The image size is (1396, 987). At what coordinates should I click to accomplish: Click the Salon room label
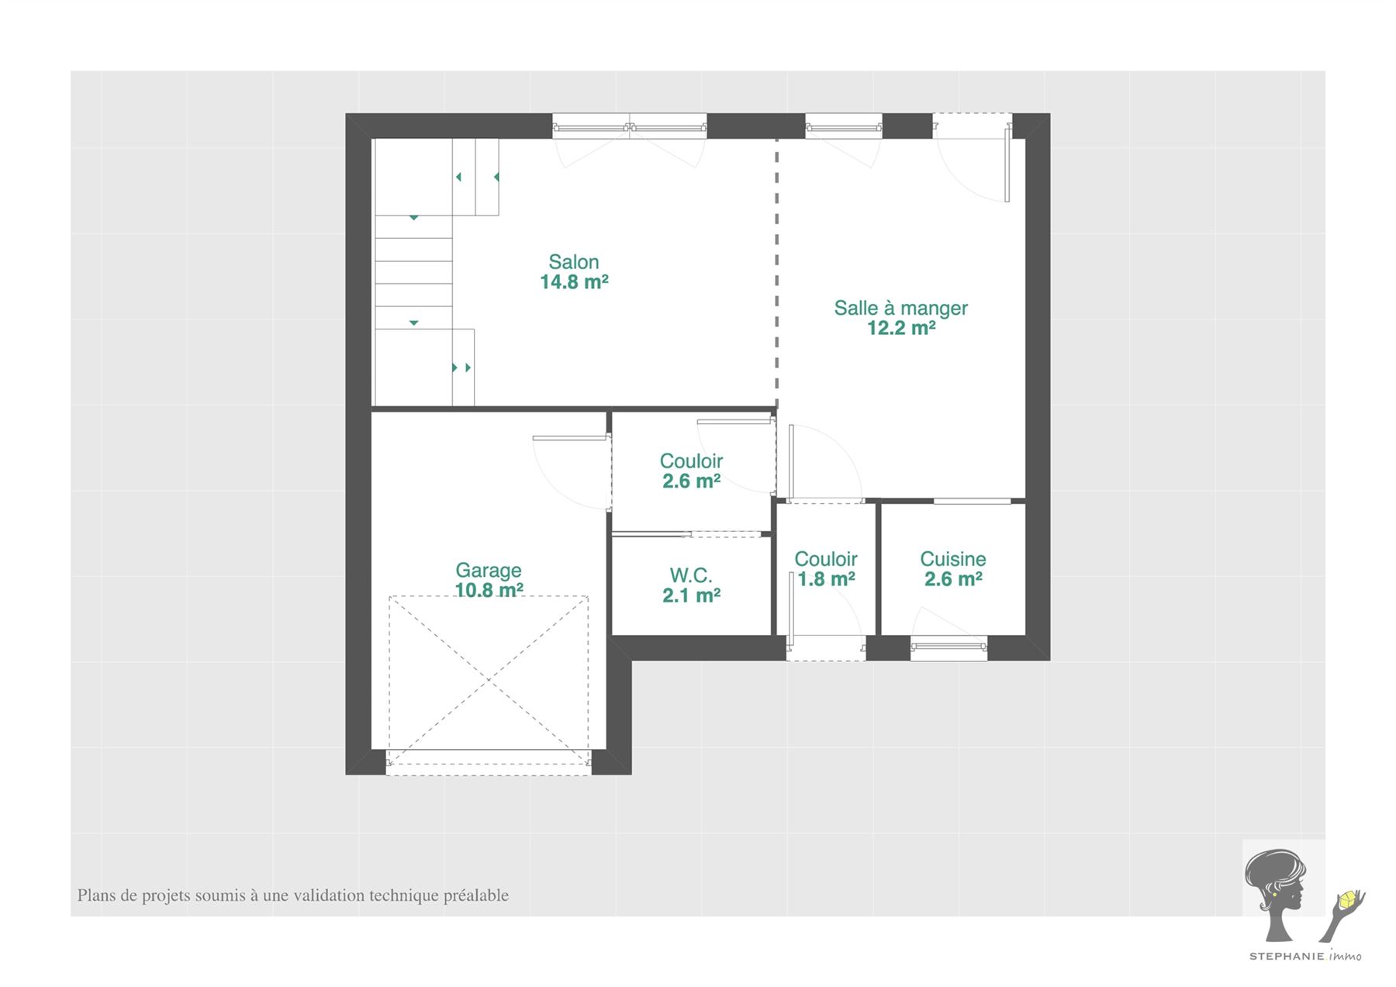pos(574,262)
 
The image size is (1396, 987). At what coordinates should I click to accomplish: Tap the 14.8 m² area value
pos(574,282)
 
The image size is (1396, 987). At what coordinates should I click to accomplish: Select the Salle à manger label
pos(900,308)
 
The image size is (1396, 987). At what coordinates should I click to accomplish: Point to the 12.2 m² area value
pos(900,328)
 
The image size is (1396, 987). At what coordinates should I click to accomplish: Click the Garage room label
pos(489,571)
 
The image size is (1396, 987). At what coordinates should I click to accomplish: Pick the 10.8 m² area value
pos(489,590)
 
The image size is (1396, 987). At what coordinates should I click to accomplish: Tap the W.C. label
pos(691,575)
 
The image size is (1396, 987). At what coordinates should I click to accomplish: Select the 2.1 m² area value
pos(691,595)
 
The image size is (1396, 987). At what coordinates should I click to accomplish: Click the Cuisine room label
pos(953,559)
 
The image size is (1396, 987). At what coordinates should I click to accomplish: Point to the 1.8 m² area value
pos(826,579)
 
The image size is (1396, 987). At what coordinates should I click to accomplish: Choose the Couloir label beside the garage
pos(691,461)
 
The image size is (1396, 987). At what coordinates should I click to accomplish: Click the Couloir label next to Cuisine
pos(826,559)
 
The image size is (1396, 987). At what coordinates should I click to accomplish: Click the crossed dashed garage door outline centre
pos(489,681)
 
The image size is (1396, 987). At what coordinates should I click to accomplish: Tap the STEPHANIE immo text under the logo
pos(1304,956)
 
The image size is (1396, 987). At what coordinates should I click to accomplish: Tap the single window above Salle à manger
pos(844,126)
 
